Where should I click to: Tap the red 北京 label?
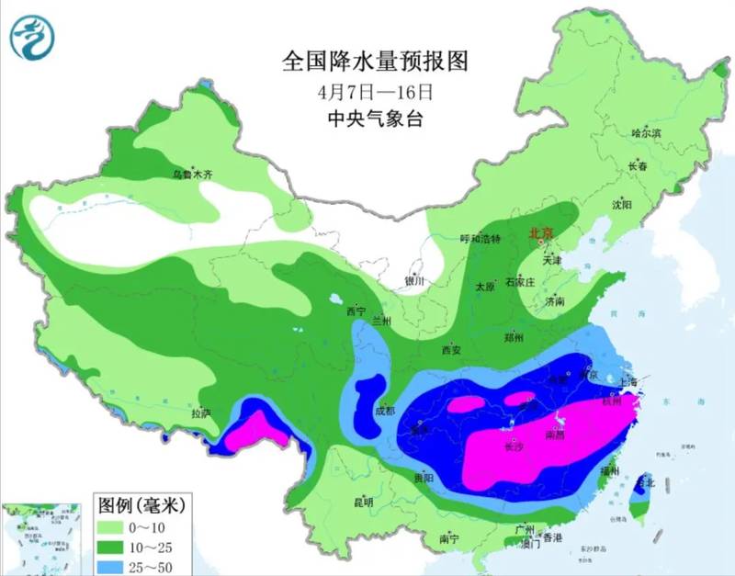click(541, 233)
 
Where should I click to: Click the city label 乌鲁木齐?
click(193, 174)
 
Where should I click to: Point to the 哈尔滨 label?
click(646, 134)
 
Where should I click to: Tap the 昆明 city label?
click(363, 503)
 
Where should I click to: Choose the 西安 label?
click(450, 350)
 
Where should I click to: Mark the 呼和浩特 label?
click(480, 239)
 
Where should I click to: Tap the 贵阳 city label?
click(424, 479)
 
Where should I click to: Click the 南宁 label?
click(449, 538)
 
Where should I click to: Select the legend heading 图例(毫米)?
click(142, 503)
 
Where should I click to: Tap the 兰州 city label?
click(382, 321)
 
